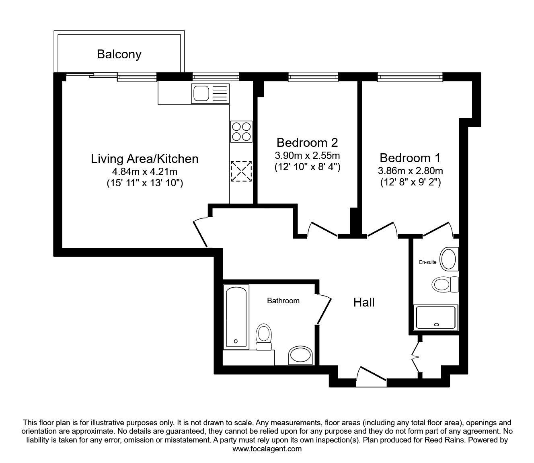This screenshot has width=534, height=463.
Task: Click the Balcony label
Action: coord(119,55)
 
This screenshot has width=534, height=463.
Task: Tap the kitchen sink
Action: coord(210,94)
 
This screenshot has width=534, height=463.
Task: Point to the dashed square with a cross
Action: coord(241,171)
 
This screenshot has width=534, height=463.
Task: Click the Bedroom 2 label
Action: coord(307,142)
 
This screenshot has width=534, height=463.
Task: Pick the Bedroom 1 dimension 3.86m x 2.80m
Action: coord(410,171)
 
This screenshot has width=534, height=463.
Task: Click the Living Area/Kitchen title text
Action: coord(145,159)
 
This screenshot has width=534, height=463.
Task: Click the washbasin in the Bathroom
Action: coord(301,356)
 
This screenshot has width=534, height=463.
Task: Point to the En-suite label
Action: coord(427,262)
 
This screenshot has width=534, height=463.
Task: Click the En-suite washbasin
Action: coord(449,259)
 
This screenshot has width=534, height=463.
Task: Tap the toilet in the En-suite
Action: coord(445,284)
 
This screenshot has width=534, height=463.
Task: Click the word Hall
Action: coord(364,302)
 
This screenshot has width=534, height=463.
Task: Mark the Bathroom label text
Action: coord(283,300)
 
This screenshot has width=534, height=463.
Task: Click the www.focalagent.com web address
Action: coord(267,449)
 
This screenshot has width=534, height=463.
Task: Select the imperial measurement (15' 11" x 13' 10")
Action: coord(145,183)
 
